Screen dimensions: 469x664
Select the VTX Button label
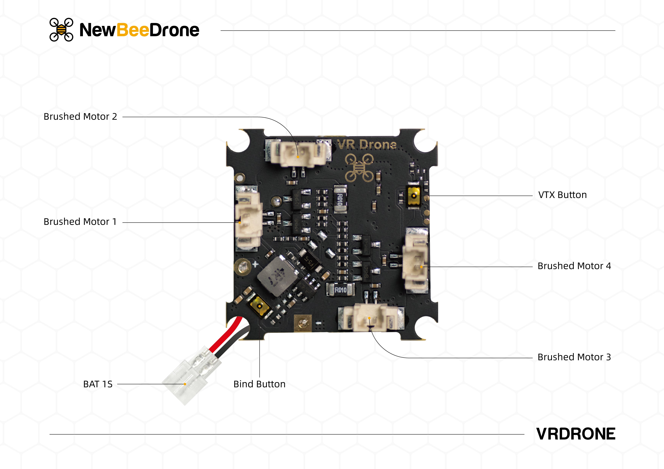pos(562,195)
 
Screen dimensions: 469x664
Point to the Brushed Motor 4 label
pos(574,266)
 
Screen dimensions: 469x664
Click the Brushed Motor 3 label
pos(574,357)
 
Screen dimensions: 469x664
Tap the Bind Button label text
pos(259,384)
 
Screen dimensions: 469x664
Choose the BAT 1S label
pos(98,384)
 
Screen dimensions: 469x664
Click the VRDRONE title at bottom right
pos(575,434)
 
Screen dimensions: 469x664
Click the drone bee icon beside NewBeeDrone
pos(61,30)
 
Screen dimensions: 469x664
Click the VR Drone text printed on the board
pos(367,144)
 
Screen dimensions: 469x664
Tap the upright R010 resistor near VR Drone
pos(340,199)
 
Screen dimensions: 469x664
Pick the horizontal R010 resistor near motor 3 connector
pos(340,290)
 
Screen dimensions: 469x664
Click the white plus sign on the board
pos(255,264)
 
